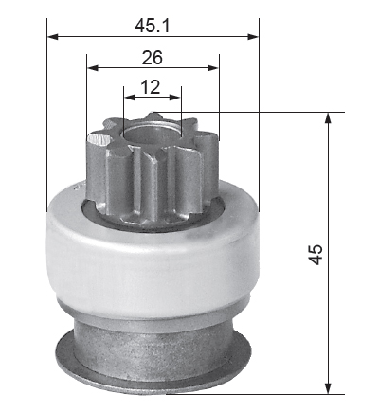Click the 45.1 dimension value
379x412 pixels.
[x=153, y=26]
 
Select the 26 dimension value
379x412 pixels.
[x=153, y=57]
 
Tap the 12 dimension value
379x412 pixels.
[x=151, y=87]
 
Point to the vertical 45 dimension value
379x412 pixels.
[x=316, y=254]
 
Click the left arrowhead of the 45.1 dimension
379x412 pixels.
[x=53, y=37]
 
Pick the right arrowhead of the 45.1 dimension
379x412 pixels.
[x=253, y=37]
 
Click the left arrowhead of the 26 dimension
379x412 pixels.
[x=93, y=67]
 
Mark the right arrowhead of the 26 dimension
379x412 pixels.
[x=213, y=67]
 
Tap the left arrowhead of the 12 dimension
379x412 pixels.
[x=130, y=98]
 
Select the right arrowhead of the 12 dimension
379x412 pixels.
[x=175, y=98]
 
